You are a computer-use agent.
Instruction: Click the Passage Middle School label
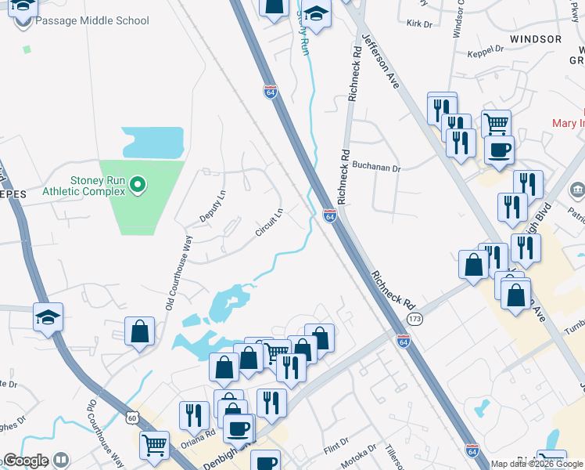[x=92, y=20]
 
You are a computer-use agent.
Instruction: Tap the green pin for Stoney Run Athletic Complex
[x=138, y=185]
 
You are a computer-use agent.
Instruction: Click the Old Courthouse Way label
[x=178, y=272]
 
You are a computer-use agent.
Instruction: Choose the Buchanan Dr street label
[x=376, y=168]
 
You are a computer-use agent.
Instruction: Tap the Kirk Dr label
[x=419, y=24]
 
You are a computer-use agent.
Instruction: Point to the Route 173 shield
[x=415, y=319]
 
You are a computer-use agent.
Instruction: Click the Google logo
[x=26, y=461]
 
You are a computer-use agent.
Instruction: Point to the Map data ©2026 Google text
[x=537, y=464]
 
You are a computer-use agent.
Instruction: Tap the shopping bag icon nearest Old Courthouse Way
[x=139, y=331]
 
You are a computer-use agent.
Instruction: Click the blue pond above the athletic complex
[x=153, y=142]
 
